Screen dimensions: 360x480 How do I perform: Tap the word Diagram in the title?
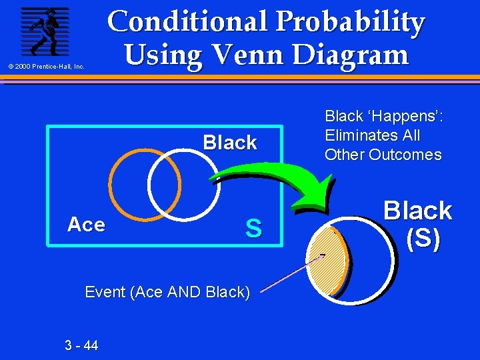tap(353, 54)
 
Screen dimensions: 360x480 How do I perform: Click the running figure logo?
tap(44, 31)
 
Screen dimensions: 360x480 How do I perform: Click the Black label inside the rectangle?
tap(230, 143)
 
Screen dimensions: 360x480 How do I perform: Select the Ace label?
tap(86, 225)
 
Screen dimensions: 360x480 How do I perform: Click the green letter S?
tap(253, 229)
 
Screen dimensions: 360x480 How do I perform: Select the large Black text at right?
tap(418, 211)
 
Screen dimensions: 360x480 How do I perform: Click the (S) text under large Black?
tap(423, 239)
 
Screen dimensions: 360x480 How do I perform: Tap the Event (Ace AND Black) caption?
tap(167, 291)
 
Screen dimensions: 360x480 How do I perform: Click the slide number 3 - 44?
tap(81, 345)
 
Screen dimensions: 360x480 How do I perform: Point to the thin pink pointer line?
tap(287, 275)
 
